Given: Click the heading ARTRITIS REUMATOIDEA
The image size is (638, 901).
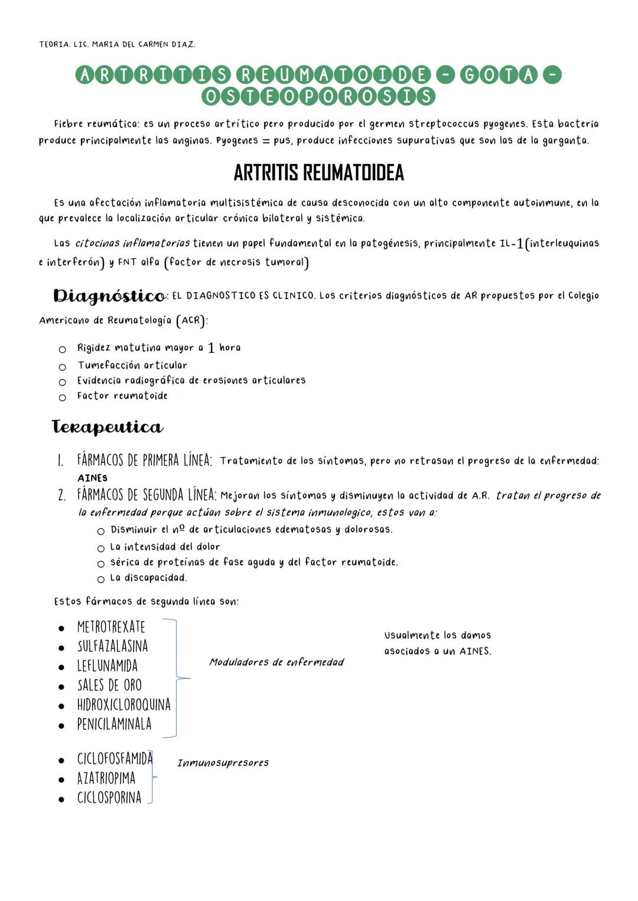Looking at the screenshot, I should pyautogui.click(x=318, y=173).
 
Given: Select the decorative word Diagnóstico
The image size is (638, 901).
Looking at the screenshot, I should pyautogui.click(x=109, y=295).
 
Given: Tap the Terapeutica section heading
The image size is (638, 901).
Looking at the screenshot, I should pyautogui.click(x=107, y=427).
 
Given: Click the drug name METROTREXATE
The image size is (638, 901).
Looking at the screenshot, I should pyautogui.click(x=111, y=627).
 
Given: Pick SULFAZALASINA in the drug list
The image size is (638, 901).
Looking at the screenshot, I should pyautogui.click(x=112, y=646).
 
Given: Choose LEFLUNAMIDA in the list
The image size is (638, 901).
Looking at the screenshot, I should pyautogui.click(x=107, y=666).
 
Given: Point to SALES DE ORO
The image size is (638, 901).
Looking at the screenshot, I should pyautogui.click(x=109, y=685).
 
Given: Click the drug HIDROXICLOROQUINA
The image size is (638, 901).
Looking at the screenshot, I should pyautogui.click(x=123, y=705).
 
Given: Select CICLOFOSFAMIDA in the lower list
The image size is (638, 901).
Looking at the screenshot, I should pyautogui.click(x=115, y=759).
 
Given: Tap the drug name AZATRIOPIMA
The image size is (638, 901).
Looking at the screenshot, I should pyautogui.click(x=106, y=778).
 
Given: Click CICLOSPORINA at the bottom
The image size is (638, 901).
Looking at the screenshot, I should pyautogui.click(x=109, y=798).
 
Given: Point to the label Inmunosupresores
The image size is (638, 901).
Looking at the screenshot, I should pyautogui.click(x=223, y=763).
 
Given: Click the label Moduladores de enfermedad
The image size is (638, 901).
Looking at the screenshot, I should pyautogui.click(x=276, y=662).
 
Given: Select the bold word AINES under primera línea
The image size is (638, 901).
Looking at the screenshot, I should pyautogui.click(x=92, y=478).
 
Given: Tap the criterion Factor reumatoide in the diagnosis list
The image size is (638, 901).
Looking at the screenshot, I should pyautogui.click(x=122, y=396).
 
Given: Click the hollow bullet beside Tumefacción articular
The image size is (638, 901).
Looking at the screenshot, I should pyautogui.click(x=62, y=366).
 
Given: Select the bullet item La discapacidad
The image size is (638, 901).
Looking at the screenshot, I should pyautogui.click(x=148, y=578).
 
